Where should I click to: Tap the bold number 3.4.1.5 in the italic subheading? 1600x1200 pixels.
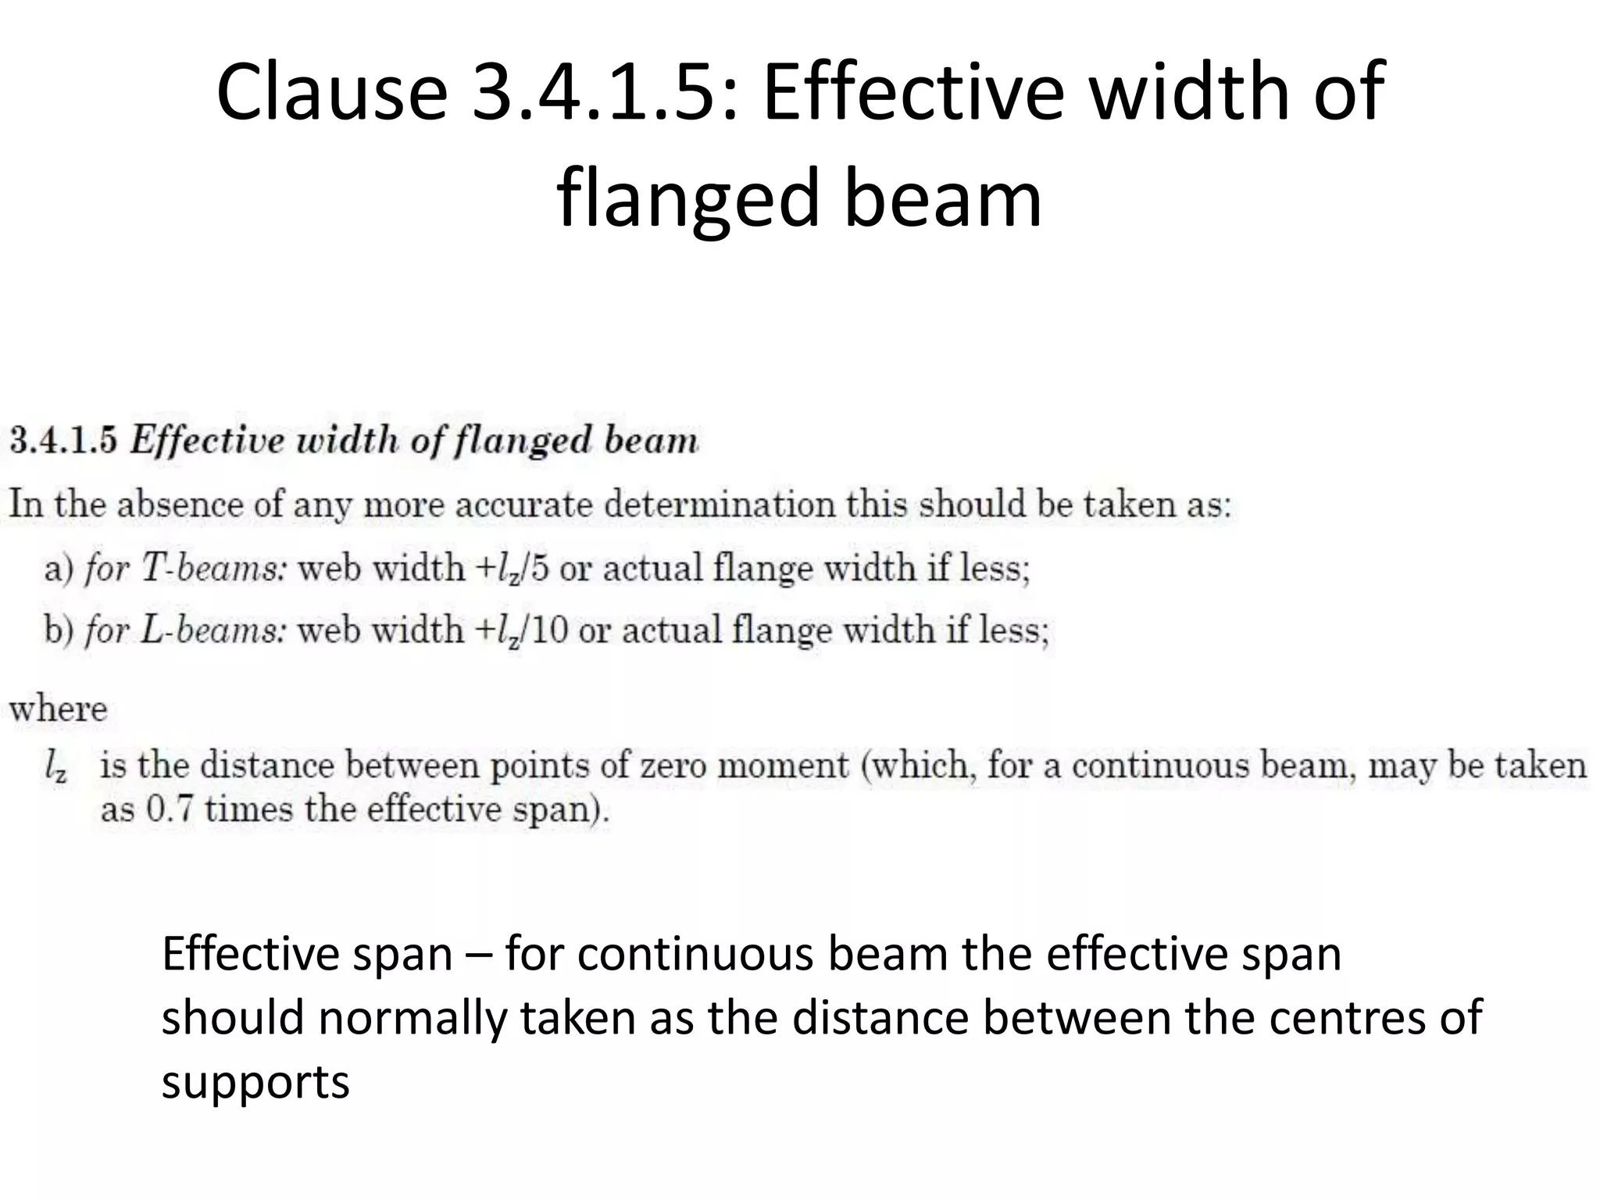click(62, 441)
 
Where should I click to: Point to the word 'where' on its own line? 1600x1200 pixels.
click(58, 709)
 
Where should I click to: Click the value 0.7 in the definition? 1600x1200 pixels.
click(170, 809)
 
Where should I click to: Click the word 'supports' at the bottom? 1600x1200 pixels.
click(255, 1082)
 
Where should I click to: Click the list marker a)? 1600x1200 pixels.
click(59, 569)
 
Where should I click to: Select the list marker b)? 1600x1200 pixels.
click(59, 630)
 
